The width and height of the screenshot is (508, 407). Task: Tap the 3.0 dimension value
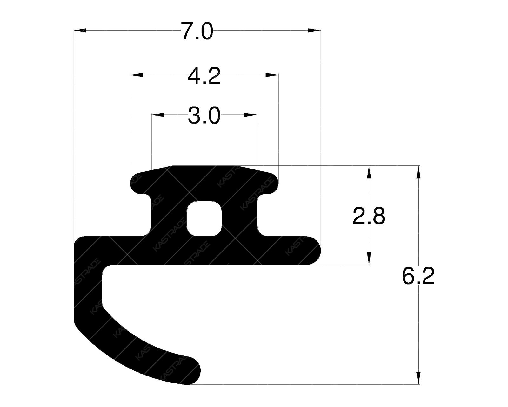tap(204, 116)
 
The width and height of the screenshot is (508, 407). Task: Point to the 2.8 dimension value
tap(369, 216)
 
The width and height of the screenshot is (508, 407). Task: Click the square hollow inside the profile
tap(204, 218)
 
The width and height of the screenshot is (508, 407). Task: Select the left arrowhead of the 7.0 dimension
tap(80, 31)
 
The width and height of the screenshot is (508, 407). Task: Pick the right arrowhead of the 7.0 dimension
tap(315, 31)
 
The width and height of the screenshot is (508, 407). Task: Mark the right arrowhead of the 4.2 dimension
tap(272, 75)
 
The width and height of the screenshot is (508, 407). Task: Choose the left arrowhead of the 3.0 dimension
tap(157, 114)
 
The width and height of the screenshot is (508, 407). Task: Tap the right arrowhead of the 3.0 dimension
tap(251, 114)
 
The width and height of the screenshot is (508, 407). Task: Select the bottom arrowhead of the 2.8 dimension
tap(369, 258)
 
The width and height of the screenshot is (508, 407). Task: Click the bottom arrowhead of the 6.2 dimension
tap(418, 378)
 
